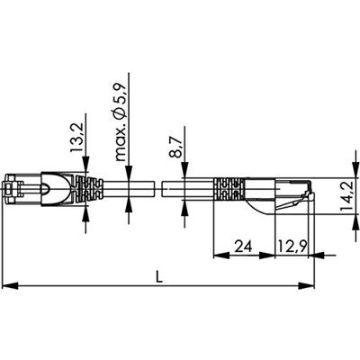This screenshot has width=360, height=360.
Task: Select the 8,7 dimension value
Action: pyautogui.click(x=175, y=147)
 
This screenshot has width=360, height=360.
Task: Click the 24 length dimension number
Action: pyautogui.click(x=243, y=247)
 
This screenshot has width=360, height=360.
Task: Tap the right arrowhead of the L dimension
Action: pyautogui.click(x=306, y=285)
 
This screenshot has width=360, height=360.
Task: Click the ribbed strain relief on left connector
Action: pyautogui.click(x=89, y=189)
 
